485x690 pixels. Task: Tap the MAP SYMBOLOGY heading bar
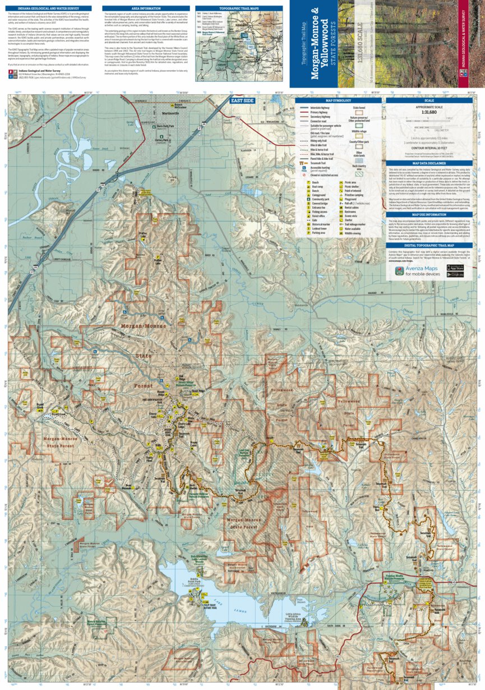[x=338, y=100]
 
